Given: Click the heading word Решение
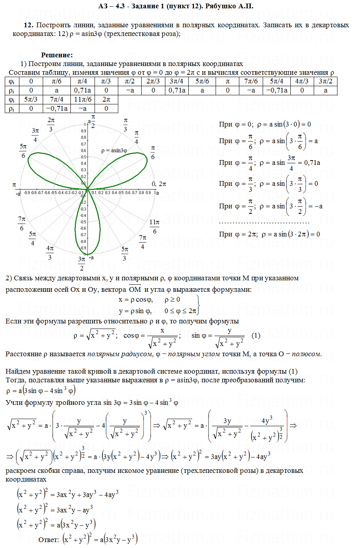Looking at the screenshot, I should coord(57,55).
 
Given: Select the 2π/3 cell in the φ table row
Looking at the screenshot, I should coord(153,81).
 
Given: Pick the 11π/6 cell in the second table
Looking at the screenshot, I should coord(83,99).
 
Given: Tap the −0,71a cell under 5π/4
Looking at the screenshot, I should coord(277,90).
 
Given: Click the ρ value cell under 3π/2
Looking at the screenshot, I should coord(326,90).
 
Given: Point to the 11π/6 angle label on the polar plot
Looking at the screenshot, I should coord(154,227).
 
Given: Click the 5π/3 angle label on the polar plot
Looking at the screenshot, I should coord(125,253).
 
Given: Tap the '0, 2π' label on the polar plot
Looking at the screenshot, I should coord(159,184).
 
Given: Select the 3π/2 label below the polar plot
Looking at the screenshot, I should coord(81,263).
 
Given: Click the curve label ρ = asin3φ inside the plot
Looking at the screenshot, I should coord(114,150).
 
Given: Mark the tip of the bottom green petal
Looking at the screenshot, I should coord(88,254).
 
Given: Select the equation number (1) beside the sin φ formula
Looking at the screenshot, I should coord(256,335).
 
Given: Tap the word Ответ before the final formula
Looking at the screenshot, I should coord(48,539).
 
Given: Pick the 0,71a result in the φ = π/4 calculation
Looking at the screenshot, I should coord(312,163).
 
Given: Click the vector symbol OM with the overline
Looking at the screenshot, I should coord(135,289).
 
